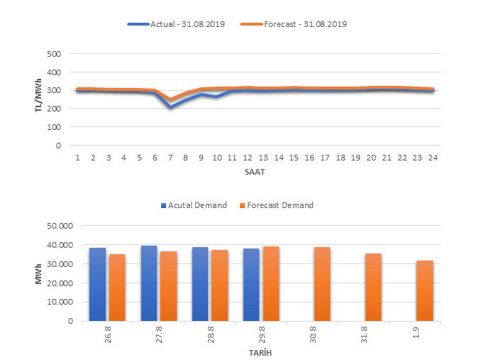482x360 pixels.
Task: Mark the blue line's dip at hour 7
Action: (170, 107)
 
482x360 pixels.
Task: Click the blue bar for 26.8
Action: (97, 284)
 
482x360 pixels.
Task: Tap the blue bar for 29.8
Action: (251, 284)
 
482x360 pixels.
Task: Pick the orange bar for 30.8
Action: (323, 283)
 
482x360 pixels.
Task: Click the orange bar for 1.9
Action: (425, 290)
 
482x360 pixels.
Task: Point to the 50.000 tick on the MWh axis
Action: (60, 226)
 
